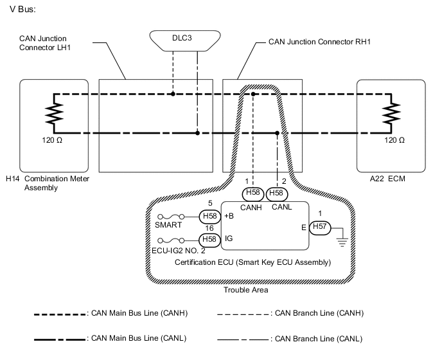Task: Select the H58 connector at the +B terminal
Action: (x=210, y=216)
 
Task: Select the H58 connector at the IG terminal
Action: (x=210, y=240)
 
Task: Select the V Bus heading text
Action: (x=23, y=10)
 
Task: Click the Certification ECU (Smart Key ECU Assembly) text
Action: (x=252, y=263)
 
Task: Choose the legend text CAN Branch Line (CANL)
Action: (x=318, y=338)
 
